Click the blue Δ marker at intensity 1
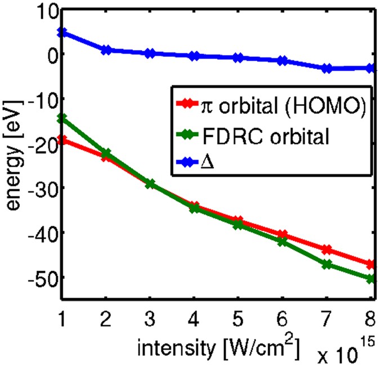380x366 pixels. point(62,32)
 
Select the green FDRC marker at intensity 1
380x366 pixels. point(62,118)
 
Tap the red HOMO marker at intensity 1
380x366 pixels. point(62,140)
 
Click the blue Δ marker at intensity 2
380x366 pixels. point(106,50)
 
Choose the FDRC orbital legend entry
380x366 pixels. point(259,135)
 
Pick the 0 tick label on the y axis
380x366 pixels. point(48,55)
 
